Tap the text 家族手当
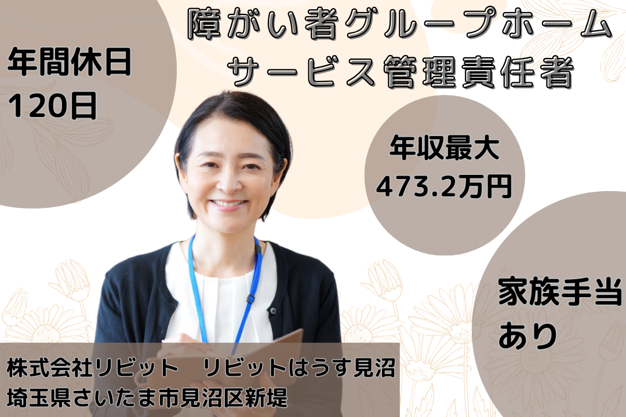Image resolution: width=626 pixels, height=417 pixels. click(x=560, y=295)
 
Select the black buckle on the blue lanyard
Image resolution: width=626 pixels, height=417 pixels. click(x=250, y=299)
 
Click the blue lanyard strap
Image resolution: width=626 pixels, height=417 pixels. click(x=198, y=290)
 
